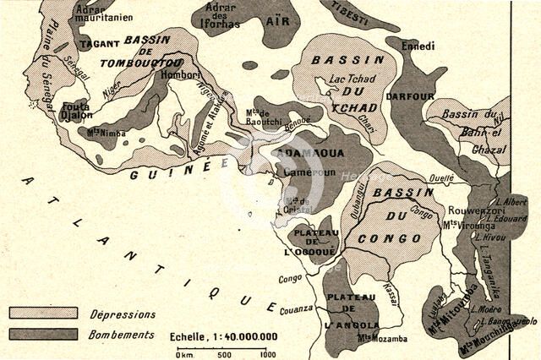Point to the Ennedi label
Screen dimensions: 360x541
(418, 46)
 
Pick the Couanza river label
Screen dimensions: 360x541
(297, 310)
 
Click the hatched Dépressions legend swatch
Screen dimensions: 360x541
(42, 313)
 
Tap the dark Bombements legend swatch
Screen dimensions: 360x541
(42, 334)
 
